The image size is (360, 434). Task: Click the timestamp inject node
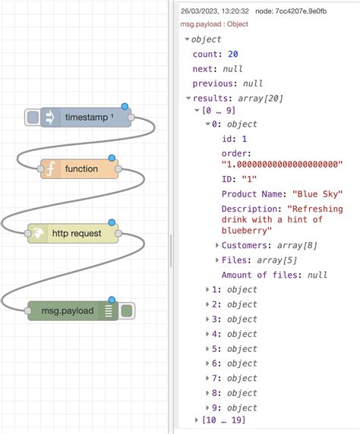pos(85,117)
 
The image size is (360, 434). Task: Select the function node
pos(81,168)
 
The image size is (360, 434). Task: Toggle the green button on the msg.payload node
pos(127,311)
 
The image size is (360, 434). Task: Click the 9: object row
pos(235,407)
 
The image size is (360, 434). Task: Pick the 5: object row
pos(235,348)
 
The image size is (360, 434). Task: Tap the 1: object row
pos(235,289)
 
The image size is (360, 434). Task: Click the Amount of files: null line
pos(273,275)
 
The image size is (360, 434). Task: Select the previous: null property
pos(226,83)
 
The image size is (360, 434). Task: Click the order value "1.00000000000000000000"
pos(282,164)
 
